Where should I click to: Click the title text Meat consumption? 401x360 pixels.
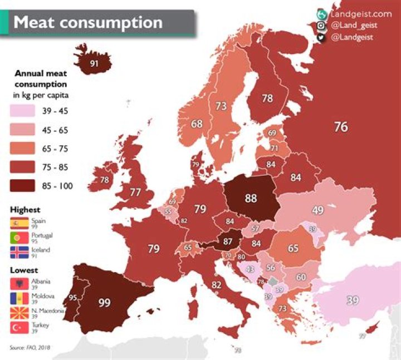88,23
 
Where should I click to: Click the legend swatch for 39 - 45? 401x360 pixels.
23,111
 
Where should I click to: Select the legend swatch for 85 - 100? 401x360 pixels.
23,186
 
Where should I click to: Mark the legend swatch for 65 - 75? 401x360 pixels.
23,149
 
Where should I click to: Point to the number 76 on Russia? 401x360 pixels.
341,127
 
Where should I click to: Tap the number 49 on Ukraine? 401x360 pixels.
317,210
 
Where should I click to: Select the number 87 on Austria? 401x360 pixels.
227,241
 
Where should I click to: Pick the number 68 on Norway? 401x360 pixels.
197,124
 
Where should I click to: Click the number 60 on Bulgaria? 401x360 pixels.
301,277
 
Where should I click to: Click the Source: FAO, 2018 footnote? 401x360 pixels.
29,347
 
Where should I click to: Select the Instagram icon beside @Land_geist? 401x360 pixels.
321,26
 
